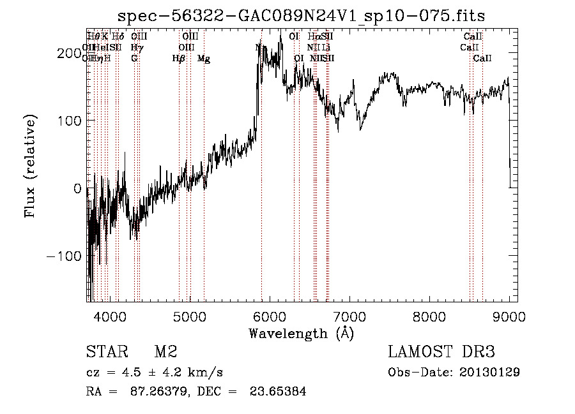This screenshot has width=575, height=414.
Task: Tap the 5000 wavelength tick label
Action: point(190,316)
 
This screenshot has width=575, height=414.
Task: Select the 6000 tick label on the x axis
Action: point(270,316)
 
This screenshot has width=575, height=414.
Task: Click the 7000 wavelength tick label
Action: point(349,316)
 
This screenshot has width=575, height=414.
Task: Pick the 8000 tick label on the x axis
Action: point(429,316)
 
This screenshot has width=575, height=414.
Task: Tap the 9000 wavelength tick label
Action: point(509,316)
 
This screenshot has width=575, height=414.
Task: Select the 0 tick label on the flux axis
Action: point(77,188)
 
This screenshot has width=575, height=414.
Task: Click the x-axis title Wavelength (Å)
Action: point(301,333)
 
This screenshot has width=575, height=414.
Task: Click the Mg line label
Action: point(204,59)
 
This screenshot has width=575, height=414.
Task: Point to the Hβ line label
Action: point(179,59)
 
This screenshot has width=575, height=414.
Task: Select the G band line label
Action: point(134,59)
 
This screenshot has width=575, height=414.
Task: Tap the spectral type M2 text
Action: point(165,352)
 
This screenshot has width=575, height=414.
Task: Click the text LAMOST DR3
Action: point(441,352)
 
